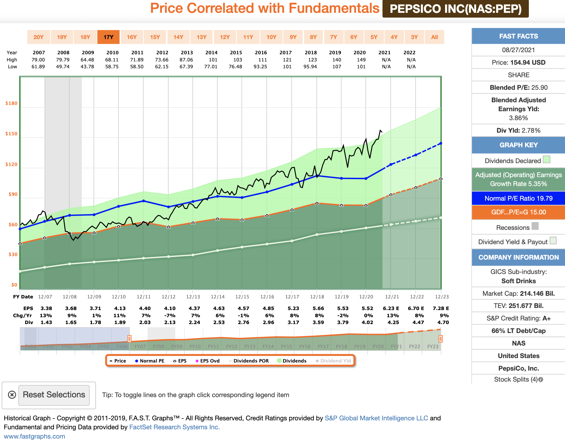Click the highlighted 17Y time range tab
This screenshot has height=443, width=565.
(108, 37)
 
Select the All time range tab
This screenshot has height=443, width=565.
(434, 37)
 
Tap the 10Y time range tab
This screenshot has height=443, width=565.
(271, 37)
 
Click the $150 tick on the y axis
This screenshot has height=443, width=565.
(11, 134)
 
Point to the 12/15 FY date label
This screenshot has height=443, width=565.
(242, 297)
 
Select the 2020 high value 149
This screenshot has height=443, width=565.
(361, 60)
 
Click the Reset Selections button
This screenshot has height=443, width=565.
(54, 395)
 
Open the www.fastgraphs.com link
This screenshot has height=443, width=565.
(35, 436)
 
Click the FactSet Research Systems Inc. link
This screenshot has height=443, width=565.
(174, 427)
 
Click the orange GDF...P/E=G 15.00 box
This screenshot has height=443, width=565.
(518, 212)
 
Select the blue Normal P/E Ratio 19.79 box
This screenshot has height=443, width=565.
(518, 199)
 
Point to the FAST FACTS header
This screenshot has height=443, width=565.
(518, 36)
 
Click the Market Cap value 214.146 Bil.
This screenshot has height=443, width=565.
(537, 294)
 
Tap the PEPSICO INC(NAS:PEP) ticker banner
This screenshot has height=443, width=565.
(456, 9)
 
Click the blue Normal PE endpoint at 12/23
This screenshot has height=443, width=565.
(441, 143)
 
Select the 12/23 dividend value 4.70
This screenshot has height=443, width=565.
(443, 323)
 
